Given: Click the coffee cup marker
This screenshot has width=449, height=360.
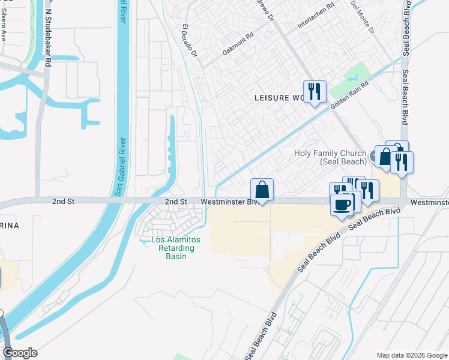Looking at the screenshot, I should tap(342, 205).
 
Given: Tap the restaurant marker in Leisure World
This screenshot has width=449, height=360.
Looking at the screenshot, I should tap(315, 92).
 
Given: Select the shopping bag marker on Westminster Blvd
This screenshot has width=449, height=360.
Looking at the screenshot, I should tap(262, 190).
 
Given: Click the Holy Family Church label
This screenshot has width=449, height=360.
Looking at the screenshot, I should tap(330, 157).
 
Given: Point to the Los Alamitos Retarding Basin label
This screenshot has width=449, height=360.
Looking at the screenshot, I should tap(176, 248).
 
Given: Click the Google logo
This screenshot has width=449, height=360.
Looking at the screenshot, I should tap(20, 353).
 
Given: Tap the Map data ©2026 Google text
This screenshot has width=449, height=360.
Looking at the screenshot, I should tap(411, 355).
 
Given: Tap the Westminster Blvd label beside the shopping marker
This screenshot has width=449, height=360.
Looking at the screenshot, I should tap(231, 202).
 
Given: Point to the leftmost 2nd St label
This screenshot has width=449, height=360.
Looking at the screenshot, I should tap(62, 202).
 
